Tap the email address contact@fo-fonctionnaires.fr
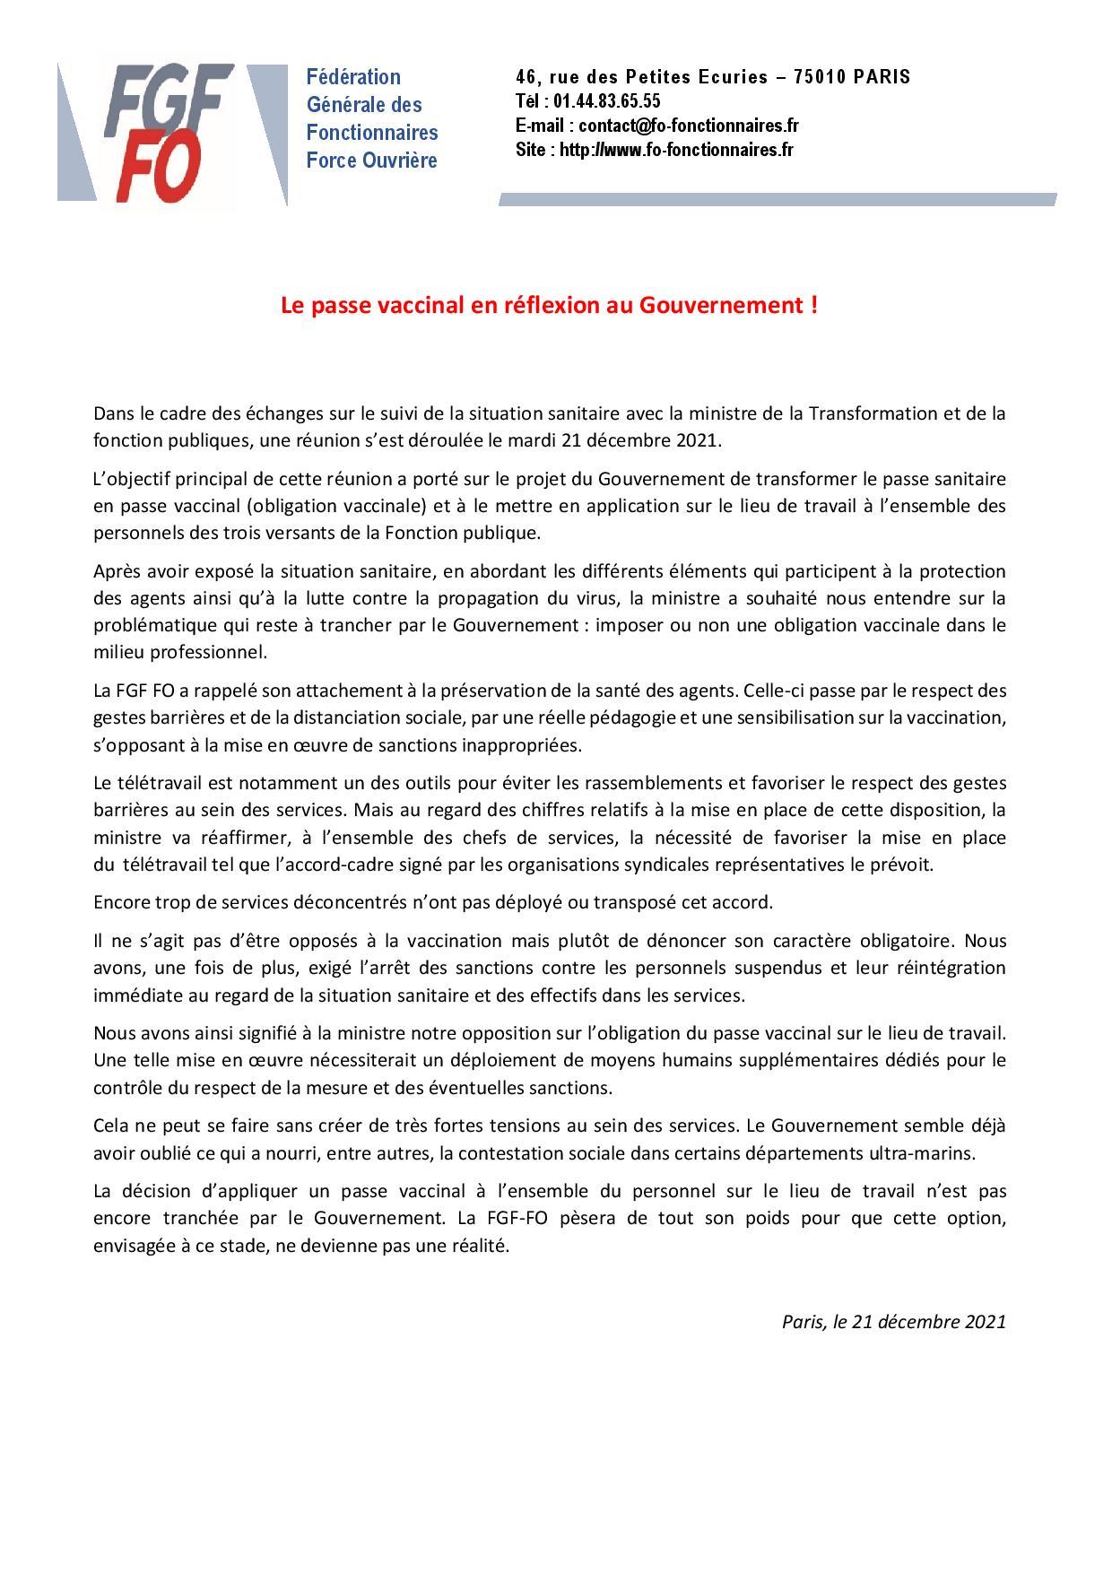688,126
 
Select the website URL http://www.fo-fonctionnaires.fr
676,150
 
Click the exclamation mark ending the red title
813,305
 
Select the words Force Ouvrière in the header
371,161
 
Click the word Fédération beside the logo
353,77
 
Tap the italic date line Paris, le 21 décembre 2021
893,1321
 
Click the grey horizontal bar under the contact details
777,200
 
